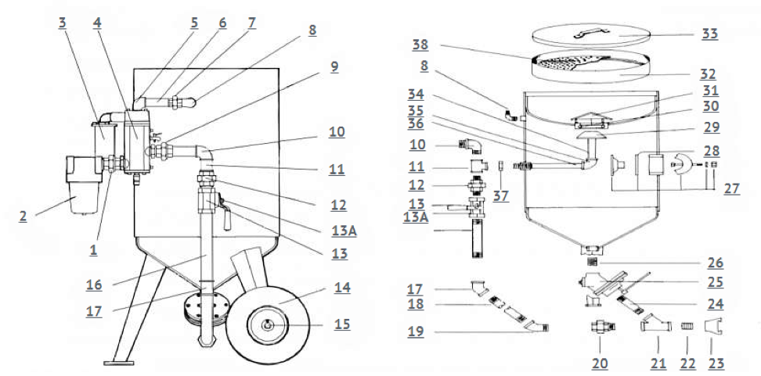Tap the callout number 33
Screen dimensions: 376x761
point(710,34)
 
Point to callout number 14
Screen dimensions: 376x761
point(341,288)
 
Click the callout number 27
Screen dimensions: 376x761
point(731,188)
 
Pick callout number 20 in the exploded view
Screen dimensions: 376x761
point(600,363)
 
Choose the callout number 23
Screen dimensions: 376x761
point(714,363)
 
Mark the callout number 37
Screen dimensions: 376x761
point(500,196)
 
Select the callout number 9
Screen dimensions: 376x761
point(334,66)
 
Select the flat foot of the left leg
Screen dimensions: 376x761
point(119,362)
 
